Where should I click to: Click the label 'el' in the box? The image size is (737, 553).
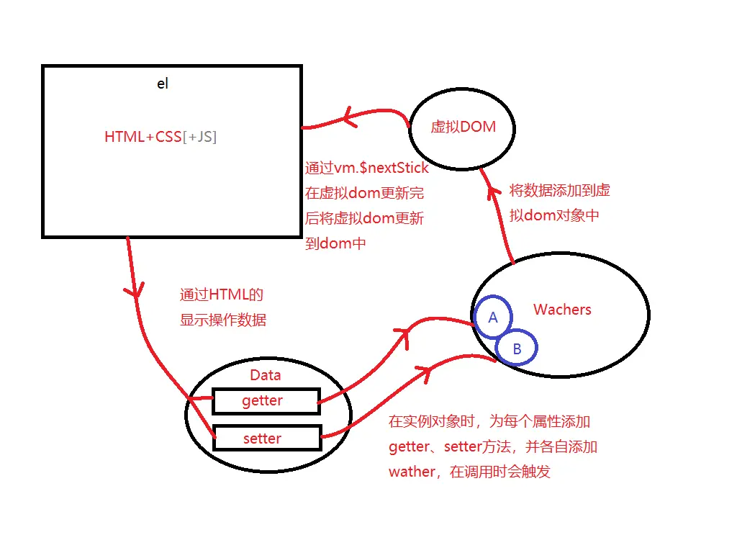pos(163,84)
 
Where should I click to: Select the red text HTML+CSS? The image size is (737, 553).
pos(143,137)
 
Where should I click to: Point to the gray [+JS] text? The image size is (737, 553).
pos(200,137)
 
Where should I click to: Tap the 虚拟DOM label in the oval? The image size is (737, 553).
pos(464,127)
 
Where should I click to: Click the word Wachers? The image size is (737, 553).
pos(562,310)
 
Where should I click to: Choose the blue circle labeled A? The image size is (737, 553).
pos(493,317)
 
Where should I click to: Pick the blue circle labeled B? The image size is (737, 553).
pos(517,349)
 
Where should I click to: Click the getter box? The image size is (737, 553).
pos(266,401)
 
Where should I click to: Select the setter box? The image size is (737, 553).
pos(266,438)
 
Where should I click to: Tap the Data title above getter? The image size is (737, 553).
pos(265,375)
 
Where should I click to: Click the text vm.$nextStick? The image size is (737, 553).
pos(382,168)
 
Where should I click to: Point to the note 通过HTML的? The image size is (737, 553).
pos(222,295)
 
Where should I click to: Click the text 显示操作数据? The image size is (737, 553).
pos(223,320)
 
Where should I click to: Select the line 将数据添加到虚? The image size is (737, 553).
pos(560,191)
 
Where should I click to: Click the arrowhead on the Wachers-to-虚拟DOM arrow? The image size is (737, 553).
pos(494,190)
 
